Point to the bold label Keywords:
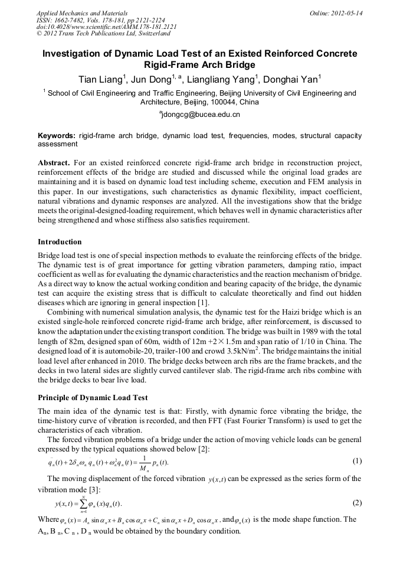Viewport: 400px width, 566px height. (56, 136)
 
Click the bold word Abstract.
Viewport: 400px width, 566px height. (53, 162)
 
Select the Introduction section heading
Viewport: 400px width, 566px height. (60, 242)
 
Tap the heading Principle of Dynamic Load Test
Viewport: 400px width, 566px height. (93, 398)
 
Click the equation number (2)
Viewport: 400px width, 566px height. (356, 503)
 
